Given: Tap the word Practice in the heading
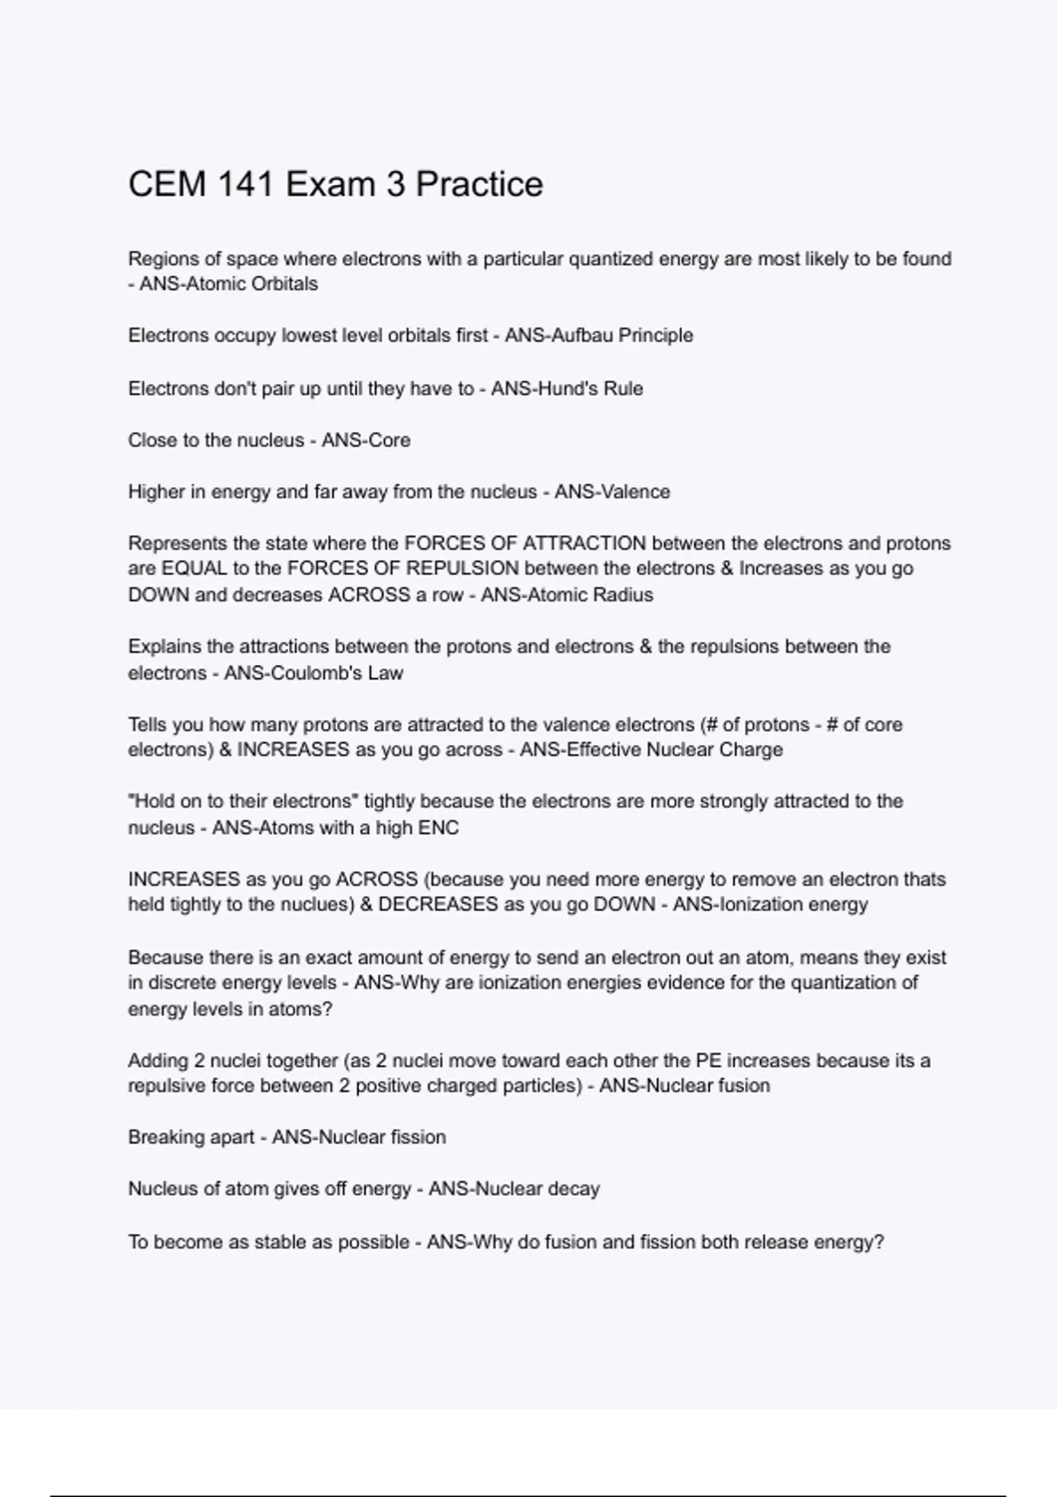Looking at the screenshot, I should click(479, 185).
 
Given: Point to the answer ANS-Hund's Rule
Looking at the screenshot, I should click(566, 388).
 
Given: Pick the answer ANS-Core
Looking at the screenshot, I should click(366, 440).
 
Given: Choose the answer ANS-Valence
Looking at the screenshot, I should click(612, 491).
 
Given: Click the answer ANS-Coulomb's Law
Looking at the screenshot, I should click(313, 674).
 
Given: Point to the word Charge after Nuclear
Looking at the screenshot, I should click(750, 750).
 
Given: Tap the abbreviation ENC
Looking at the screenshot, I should click(438, 828).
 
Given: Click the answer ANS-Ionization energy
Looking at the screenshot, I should click(770, 905).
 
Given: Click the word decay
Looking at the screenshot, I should click(573, 1190).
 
